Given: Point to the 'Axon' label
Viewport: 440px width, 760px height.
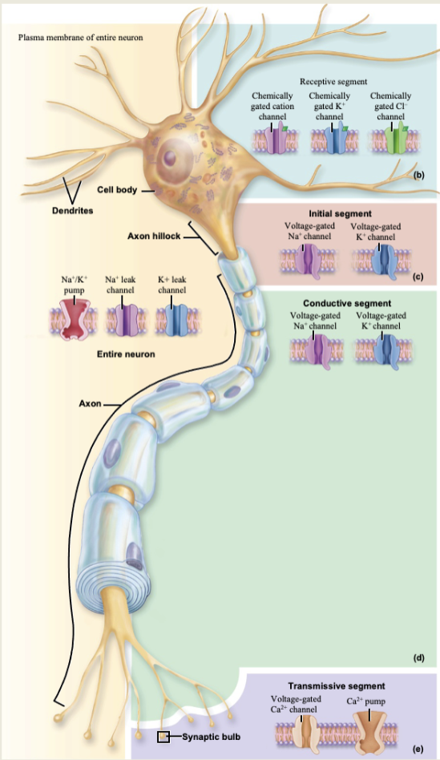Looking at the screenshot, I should click(x=89, y=402).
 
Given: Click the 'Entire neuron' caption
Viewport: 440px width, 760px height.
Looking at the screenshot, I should click(x=125, y=354).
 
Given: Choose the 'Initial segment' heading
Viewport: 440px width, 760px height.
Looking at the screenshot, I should click(x=340, y=214).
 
